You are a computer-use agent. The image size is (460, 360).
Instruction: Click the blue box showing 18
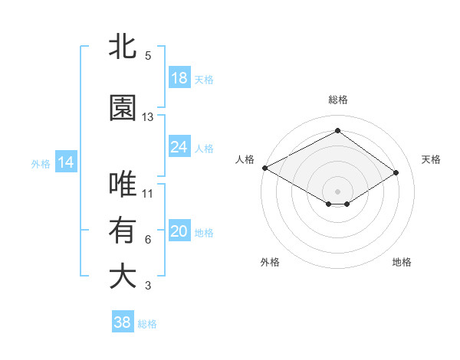pos(179,78)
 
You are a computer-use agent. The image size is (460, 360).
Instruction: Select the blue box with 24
pos(179,147)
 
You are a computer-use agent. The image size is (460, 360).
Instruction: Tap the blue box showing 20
pos(179,231)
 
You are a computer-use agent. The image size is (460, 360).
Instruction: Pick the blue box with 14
pos(65,162)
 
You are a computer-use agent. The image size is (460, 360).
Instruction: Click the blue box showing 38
pos(123,322)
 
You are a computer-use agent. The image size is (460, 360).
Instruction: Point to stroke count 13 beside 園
pos(148,117)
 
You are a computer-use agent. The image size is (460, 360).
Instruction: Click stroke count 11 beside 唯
pos(148,194)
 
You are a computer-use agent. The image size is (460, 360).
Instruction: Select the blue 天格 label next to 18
pos(204,79)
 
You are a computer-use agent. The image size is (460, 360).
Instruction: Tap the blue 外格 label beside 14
pos(41,163)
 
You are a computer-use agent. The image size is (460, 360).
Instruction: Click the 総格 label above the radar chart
pos(337,100)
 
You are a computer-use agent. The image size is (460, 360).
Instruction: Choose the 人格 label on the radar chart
pos(245,159)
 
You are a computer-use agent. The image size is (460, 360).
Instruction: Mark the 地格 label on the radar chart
pos(402,262)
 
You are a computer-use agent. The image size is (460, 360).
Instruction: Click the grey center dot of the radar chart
pos(337,190)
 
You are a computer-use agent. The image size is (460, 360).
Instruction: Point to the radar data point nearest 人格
pos(264,167)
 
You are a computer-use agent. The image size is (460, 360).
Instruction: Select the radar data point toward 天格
pos(396,173)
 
